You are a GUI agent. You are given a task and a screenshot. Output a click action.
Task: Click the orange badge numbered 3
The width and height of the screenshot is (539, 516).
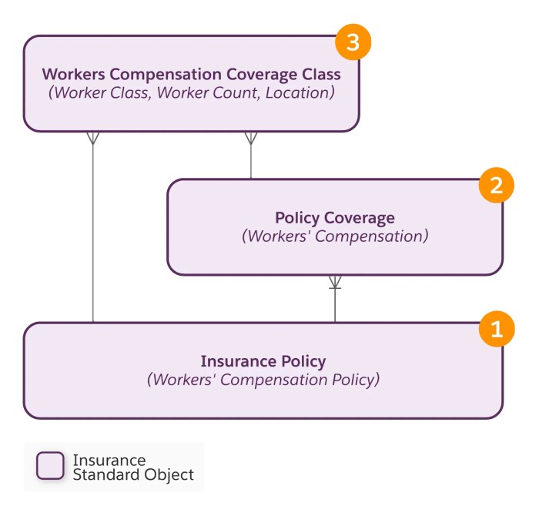pos(353,43)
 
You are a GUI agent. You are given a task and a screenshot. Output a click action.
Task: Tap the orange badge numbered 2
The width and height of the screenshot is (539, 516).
pos(496,185)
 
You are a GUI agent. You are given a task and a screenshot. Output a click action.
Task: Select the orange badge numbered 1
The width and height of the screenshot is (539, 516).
pos(496,329)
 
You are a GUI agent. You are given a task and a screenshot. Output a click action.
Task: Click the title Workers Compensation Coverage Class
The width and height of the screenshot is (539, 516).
pos(191,75)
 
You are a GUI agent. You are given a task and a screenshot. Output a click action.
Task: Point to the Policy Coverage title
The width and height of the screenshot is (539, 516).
pos(334,218)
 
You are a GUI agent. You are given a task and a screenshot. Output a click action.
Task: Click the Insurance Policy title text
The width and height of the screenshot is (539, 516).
pos(263,361)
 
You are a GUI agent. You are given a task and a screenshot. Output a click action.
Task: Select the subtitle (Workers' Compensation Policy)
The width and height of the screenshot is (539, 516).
pos(263,380)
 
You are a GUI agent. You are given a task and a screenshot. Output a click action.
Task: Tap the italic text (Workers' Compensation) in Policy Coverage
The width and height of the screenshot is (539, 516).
pos(334,236)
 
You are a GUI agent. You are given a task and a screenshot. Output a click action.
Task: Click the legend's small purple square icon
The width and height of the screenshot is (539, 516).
pos(51,466)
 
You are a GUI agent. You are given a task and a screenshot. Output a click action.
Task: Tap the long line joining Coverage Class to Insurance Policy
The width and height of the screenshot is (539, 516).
pos(93,231)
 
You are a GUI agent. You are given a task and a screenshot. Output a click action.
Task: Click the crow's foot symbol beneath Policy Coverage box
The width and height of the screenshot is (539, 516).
pos(335,283)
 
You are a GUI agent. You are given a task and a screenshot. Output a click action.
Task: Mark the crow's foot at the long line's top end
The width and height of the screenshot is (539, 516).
pos(93,139)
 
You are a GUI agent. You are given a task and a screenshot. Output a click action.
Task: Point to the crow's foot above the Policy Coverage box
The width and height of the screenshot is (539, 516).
pos(250,139)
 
